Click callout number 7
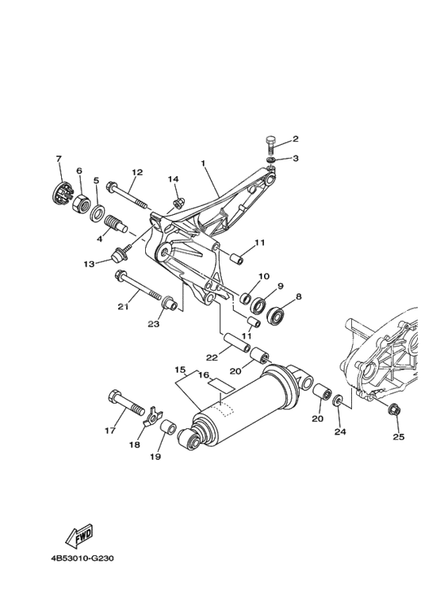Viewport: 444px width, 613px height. (x=59, y=159)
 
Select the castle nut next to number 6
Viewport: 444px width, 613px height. (x=79, y=202)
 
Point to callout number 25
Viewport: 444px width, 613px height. (x=398, y=436)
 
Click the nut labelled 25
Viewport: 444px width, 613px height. (x=393, y=409)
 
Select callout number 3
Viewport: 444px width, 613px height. (x=296, y=159)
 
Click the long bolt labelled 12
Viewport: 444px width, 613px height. (x=127, y=194)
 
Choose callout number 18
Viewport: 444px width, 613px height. (x=135, y=445)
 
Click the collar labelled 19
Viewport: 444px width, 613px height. (x=168, y=429)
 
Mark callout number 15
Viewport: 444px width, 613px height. (x=180, y=370)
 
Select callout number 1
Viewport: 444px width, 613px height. (x=204, y=165)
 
